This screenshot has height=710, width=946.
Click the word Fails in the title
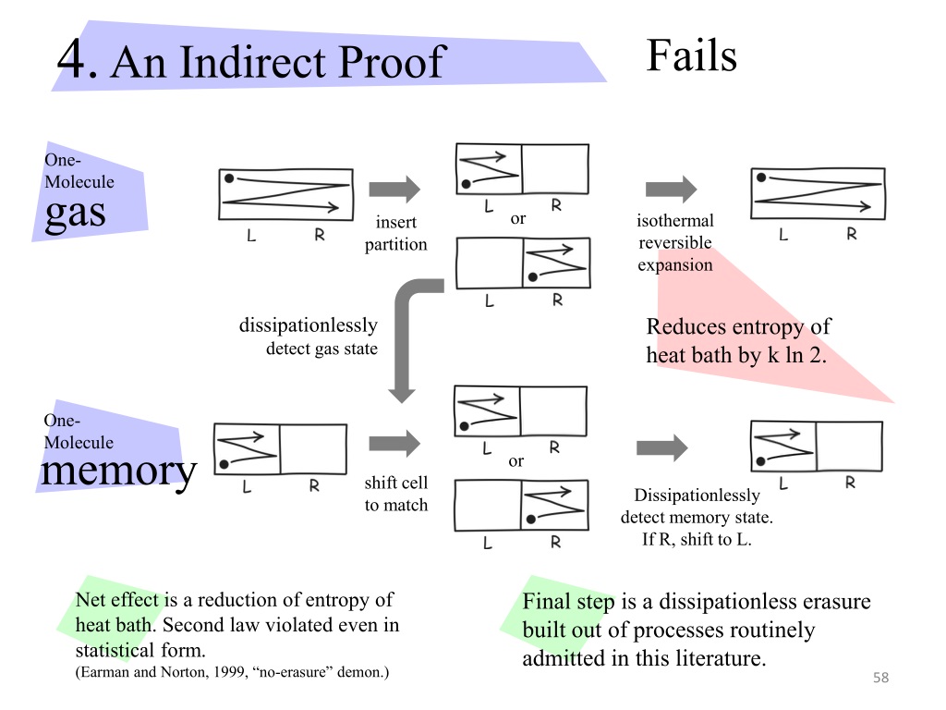pyautogui.click(x=691, y=55)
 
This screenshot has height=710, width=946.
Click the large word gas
pyautogui.click(x=76, y=214)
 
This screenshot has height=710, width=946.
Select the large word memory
pyautogui.click(x=119, y=471)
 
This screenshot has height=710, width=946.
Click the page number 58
pyautogui.click(x=880, y=678)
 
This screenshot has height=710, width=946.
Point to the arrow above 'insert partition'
pyautogui.click(x=394, y=189)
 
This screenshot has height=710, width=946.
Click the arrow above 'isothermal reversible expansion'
pyautogui.click(x=671, y=189)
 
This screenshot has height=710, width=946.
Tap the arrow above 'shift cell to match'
pyautogui.click(x=394, y=444)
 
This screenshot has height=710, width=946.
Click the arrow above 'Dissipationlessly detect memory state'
pyautogui.click(x=661, y=447)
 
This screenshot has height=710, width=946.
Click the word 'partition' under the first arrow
pyautogui.click(x=395, y=244)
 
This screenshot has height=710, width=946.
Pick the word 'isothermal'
pyautogui.click(x=675, y=220)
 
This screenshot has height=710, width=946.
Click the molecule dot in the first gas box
pyautogui.click(x=229, y=178)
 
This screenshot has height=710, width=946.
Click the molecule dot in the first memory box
pyautogui.click(x=224, y=464)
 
